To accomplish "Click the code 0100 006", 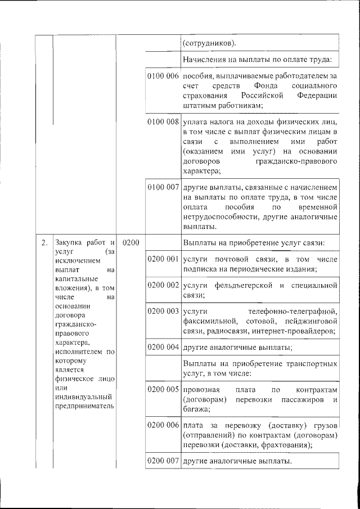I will [x=163, y=75].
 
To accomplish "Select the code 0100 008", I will [x=163, y=121].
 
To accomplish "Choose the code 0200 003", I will [x=163, y=311].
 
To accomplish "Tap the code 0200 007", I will [x=163, y=461].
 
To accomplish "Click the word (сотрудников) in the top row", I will [x=209, y=43].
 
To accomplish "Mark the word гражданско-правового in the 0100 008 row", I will [x=296, y=162].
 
